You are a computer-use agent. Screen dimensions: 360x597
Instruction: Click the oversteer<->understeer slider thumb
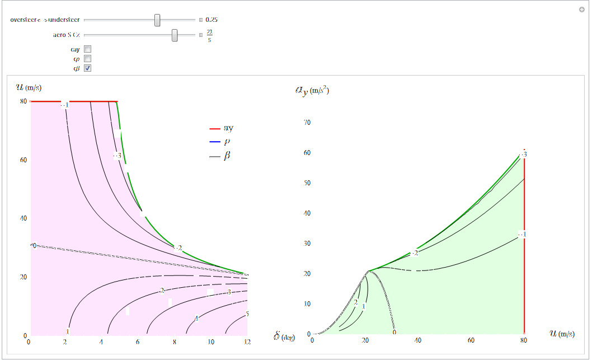[157, 20]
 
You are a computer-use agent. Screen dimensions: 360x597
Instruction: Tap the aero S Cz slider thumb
[175, 35]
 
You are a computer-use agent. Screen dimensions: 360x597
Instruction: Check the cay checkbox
[87, 49]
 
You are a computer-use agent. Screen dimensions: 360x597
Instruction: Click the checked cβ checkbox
[87, 68]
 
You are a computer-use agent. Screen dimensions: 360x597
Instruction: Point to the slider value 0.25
[211, 20]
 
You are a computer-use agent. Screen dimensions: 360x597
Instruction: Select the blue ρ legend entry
[221, 142]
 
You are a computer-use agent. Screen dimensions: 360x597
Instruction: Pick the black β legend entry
[221, 156]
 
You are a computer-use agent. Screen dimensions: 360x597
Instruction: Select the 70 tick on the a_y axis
[307, 123]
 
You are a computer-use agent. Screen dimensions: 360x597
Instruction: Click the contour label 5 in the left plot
[247, 314]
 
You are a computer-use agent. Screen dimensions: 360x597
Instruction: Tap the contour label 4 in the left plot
[196, 319]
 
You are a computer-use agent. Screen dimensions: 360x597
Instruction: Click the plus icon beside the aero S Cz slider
[201, 35]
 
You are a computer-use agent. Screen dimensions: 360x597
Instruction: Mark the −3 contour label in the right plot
[523, 154]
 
